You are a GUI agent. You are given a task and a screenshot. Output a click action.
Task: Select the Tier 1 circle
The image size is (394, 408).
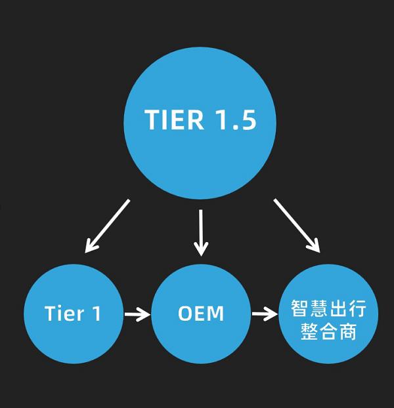tap(73, 314)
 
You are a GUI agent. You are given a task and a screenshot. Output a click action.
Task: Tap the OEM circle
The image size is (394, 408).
tap(200, 314)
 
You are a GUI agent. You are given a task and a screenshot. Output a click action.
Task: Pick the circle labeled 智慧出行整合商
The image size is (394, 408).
tap(328, 314)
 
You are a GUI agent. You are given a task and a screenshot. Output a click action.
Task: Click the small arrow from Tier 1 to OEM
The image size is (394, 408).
tap(137, 314)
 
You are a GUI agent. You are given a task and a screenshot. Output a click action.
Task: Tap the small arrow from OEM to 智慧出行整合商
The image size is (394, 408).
tap(264, 314)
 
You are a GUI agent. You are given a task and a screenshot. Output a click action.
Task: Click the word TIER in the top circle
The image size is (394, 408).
tap(170, 120)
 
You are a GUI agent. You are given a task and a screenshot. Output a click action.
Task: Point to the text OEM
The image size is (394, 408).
tap(200, 314)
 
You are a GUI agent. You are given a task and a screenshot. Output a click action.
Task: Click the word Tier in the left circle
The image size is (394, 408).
tap(64, 314)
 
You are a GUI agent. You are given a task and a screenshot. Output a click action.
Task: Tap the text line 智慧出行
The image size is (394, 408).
tap(328, 306)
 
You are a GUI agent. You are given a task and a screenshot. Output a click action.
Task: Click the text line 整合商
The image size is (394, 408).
tap(328, 331)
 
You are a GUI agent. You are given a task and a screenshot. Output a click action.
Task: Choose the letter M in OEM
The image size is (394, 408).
tap(215, 314)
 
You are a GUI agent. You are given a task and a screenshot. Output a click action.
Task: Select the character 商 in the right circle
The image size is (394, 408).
tap(348, 331)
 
